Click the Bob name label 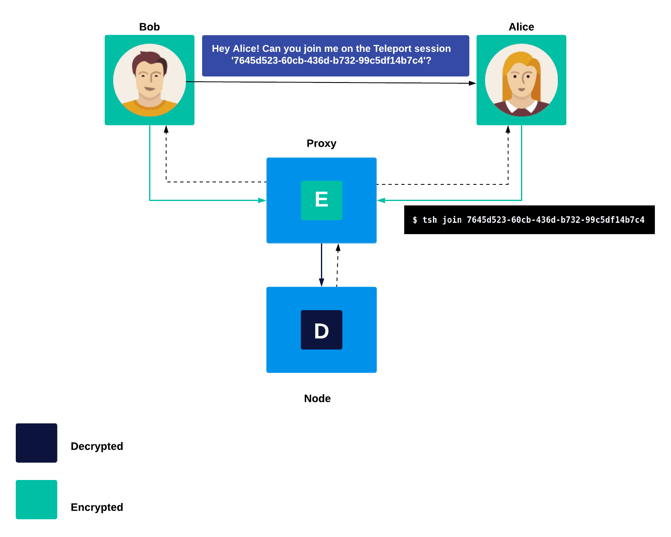tap(149, 27)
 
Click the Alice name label tap(521, 27)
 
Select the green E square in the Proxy tap(321, 200)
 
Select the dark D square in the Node tap(321, 330)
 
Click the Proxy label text tap(321, 144)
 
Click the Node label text tap(317, 398)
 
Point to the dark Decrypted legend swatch tap(36, 443)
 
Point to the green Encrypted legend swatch tap(36, 499)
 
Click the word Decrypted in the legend tap(97, 446)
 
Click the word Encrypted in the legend tap(97, 507)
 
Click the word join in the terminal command tap(452, 220)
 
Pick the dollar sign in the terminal tap(415, 220)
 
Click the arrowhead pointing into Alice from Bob tap(473, 83)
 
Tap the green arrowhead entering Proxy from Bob tap(262, 200)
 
